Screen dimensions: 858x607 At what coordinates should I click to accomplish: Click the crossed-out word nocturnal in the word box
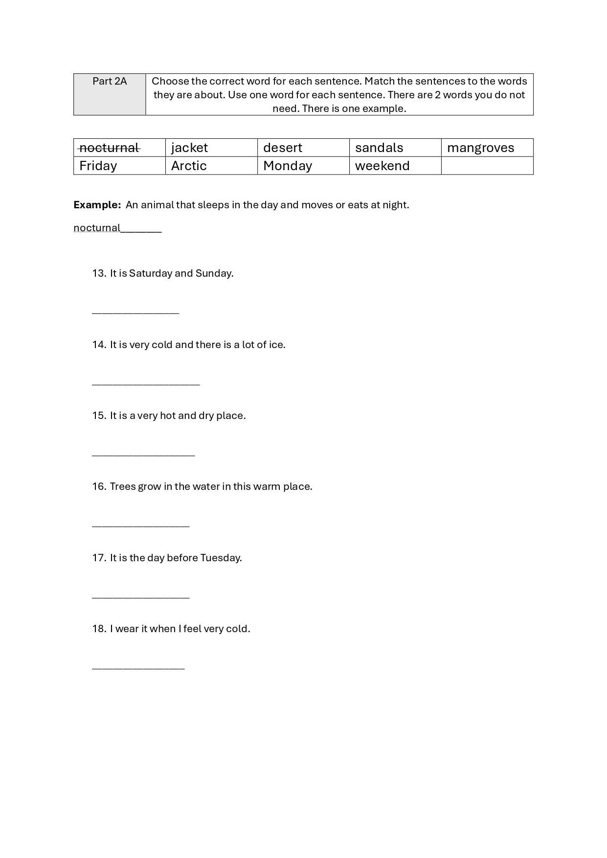tap(110, 148)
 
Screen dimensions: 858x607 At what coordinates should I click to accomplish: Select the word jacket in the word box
tap(189, 148)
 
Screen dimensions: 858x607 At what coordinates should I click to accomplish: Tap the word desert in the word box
tap(282, 148)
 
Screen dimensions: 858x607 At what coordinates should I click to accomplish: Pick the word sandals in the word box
tap(379, 148)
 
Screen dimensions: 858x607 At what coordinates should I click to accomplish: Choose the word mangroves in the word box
tap(480, 148)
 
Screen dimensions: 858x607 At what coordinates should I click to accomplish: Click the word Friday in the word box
tap(98, 166)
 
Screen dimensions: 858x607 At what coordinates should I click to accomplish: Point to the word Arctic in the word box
tap(189, 166)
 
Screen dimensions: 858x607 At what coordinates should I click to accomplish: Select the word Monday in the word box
tap(287, 166)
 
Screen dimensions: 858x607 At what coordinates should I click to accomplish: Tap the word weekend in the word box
tap(382, 166)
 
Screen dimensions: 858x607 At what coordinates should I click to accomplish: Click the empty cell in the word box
tap(487, 166)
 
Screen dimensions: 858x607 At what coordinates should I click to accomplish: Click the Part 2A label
tap(110, 81)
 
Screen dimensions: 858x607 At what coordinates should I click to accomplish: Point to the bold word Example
tap(97, 205)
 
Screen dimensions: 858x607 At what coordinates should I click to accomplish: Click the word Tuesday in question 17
tap(221, 558)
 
